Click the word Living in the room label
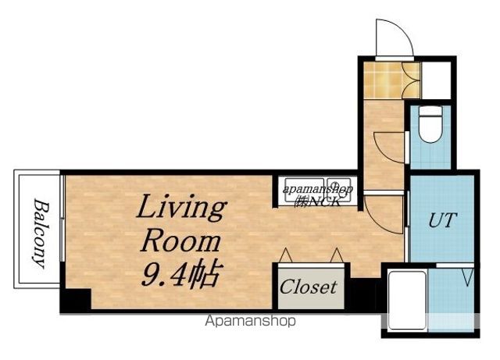click(x=182, y=208)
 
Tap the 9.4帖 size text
click(x=181, y=273)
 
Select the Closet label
click(x=308, y=287)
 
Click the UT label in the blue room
click(x=443, y=220)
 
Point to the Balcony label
click(x=41, y=233)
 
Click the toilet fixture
click(x=430, y=124)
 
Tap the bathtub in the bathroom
click(x=407, y=300)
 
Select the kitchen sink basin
click(x=304, y=190)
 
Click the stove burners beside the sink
click(x=338, y=190)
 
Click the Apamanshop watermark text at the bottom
click(x=250, y=321)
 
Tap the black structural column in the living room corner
click(x=76, y=299)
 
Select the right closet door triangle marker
click(x=337, y=255)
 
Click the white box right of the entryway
click(x=436, y=80)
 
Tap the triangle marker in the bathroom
click(x=468, y=277)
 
